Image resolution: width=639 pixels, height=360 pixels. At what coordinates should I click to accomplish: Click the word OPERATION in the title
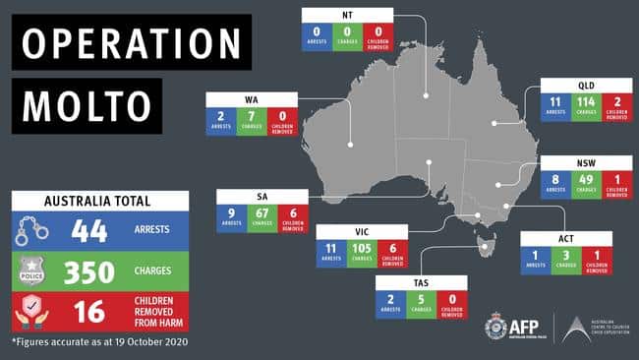coord(131,43)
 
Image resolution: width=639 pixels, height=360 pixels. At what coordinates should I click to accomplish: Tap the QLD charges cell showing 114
coord(586,104)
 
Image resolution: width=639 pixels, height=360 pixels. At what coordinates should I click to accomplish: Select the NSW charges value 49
coord(586,181)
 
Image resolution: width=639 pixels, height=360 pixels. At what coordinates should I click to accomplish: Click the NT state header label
coord(347,15)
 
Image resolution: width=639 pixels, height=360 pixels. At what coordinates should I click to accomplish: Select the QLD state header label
coord(586,86)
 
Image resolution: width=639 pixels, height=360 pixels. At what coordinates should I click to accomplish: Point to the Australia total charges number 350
coord(89,272)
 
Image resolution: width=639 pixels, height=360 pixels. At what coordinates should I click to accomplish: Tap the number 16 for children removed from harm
coord(89,313)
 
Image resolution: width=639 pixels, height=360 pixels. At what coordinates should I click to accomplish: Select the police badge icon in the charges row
coord(32,272)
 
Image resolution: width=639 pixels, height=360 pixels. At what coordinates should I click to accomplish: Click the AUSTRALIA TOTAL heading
coord(98,201)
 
